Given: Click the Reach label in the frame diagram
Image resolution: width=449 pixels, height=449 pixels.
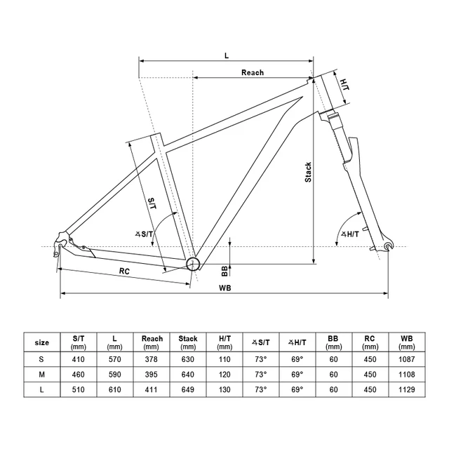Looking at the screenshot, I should [253, 72].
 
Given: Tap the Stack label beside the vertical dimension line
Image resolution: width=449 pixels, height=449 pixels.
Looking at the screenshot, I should [308, 173].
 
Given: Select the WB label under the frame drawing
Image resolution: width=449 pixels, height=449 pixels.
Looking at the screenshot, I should [225, 288].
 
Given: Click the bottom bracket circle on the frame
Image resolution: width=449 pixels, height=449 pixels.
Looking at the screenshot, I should [194, 264].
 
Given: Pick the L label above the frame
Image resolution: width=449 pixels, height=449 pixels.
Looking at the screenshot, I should [226, 53].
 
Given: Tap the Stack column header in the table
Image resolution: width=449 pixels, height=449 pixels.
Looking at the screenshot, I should [188, 342].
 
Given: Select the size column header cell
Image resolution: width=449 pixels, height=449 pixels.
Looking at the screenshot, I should [42, 342].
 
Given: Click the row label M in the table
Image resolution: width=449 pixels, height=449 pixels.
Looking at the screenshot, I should [42, 375].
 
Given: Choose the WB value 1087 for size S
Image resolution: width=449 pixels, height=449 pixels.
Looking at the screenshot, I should [406, 358].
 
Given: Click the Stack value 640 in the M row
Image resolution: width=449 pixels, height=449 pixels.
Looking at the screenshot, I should [188, 375].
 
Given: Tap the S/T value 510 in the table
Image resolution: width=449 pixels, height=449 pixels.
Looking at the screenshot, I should [78, 391].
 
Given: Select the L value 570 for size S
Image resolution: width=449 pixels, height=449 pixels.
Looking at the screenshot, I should [114, 358].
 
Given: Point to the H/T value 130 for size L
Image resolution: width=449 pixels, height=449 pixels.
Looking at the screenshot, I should [224, 391].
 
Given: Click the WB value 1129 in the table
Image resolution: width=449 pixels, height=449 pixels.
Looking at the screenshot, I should [406, 391].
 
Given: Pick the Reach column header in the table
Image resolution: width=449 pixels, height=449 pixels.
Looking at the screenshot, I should [152, 342].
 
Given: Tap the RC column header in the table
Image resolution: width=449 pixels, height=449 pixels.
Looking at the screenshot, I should [369, 342].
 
